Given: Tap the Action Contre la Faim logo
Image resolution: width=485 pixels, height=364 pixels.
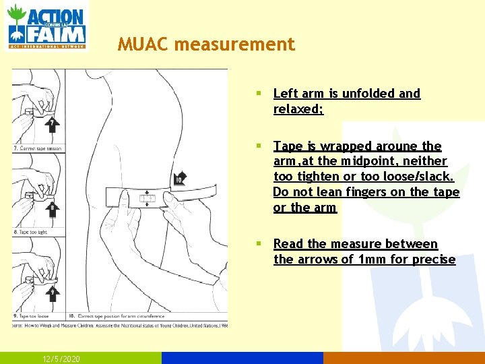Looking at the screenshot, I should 47,26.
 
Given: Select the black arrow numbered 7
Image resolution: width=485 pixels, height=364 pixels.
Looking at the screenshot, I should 53,125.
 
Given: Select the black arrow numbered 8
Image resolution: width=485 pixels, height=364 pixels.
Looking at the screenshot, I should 53,209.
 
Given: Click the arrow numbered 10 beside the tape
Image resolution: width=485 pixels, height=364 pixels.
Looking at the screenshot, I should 180,179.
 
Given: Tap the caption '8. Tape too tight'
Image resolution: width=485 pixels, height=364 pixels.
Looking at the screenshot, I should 30,232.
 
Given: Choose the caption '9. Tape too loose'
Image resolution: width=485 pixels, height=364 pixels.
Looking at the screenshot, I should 32,315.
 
